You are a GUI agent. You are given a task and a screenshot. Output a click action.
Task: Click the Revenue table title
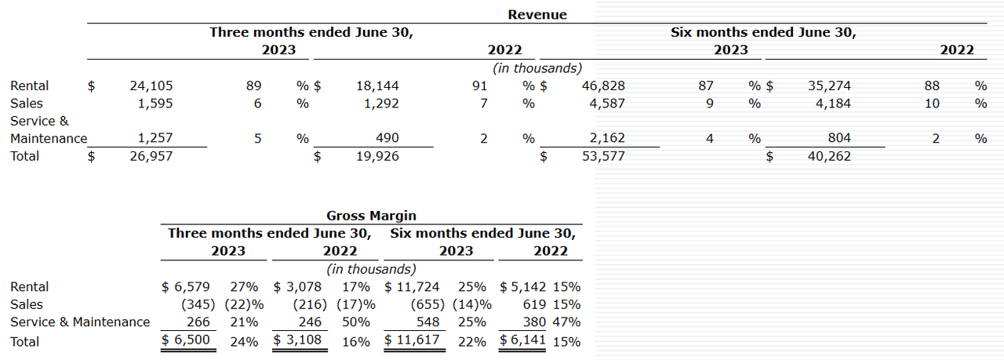pos(537,15)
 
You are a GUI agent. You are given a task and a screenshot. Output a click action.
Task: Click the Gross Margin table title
pos(371,216)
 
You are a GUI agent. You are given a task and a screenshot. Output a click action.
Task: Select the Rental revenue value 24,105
pos(151,86)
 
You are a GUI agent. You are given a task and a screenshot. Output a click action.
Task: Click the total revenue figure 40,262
pos(828,156)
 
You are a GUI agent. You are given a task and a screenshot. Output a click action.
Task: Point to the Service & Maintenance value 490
pos(387,138)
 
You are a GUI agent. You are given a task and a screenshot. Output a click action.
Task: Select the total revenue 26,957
pos(151,156)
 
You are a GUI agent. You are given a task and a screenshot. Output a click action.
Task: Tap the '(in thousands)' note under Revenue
pos(537,68)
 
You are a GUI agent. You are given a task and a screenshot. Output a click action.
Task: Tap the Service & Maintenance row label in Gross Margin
pos(80,322)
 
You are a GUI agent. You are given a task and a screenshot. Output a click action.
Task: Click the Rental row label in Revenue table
pos(30,86)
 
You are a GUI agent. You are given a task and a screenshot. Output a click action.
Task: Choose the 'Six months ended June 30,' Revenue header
pos(763,33)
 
